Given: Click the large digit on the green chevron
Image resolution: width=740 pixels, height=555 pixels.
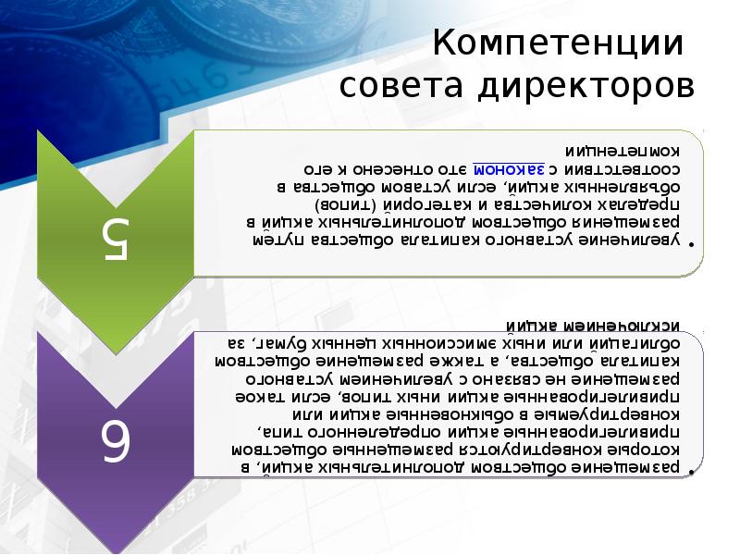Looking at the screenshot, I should pyautogui.click(x=116, y=240).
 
